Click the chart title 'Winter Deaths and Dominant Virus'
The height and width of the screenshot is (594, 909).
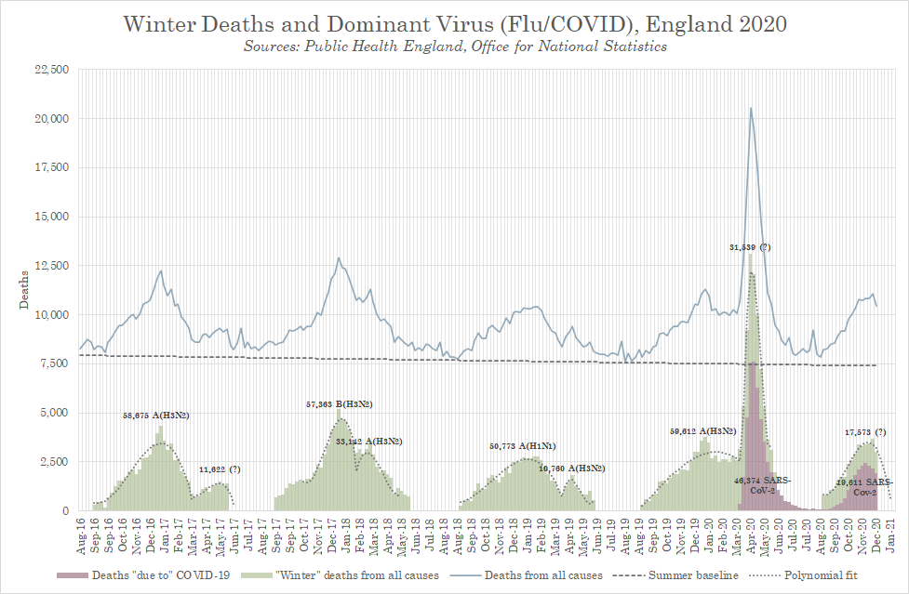(454, 24)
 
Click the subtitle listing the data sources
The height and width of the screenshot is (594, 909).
(454, 46)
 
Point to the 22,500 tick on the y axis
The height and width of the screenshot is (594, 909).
(51, 70)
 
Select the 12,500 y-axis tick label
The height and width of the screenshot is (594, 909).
(51, 266)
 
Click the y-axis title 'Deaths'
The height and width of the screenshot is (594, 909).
(24, 290)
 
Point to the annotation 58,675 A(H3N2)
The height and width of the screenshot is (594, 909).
(156, 415)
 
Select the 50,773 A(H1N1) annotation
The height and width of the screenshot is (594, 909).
(523, 446)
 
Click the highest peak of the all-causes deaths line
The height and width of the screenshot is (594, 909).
(751, 108)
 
